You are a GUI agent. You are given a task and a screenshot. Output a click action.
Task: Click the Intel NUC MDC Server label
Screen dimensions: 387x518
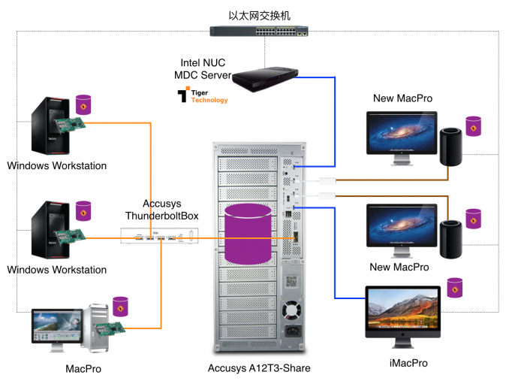(203, 68)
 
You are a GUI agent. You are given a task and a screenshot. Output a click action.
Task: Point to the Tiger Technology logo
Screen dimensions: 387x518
(202, 95)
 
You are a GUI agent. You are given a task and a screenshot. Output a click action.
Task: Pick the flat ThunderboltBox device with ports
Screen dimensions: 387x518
(161, 238)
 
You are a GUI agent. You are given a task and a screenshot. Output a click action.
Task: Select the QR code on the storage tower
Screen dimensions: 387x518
(292, 283)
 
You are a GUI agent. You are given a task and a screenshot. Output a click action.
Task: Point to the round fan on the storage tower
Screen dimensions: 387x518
(291, 310)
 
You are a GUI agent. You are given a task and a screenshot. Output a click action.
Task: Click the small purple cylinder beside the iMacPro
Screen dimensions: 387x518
(454, 287)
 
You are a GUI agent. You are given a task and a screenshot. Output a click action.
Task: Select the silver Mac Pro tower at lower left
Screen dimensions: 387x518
(97, 328)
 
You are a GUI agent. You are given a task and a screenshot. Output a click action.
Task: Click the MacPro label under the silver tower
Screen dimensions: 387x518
(83, 370)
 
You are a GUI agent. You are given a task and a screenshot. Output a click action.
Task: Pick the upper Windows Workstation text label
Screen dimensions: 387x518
(57, 166)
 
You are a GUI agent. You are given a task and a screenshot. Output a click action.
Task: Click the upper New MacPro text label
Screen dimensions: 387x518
(402, 98)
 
